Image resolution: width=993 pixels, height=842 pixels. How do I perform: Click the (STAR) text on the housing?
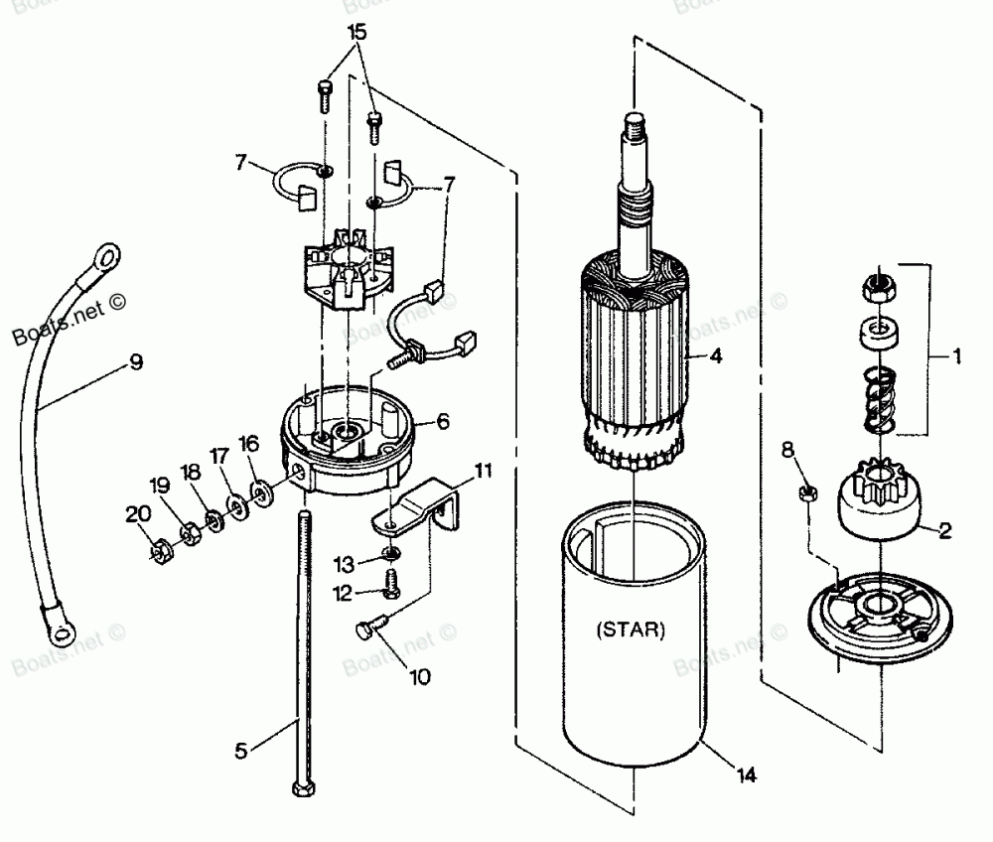633,630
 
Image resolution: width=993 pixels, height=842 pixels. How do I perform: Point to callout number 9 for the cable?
135,362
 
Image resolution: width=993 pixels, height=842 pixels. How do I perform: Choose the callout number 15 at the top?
355,33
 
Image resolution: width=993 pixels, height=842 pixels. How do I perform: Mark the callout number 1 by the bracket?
957,355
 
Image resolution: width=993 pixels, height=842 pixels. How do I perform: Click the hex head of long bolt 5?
299,789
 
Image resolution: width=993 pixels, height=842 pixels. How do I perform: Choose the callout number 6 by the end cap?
443,421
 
